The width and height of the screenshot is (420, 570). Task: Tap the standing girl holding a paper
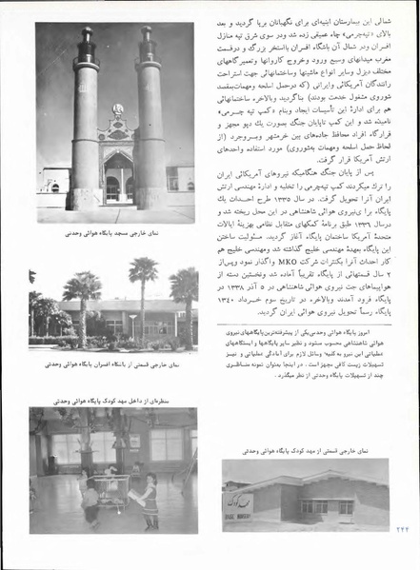coord(150,510)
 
